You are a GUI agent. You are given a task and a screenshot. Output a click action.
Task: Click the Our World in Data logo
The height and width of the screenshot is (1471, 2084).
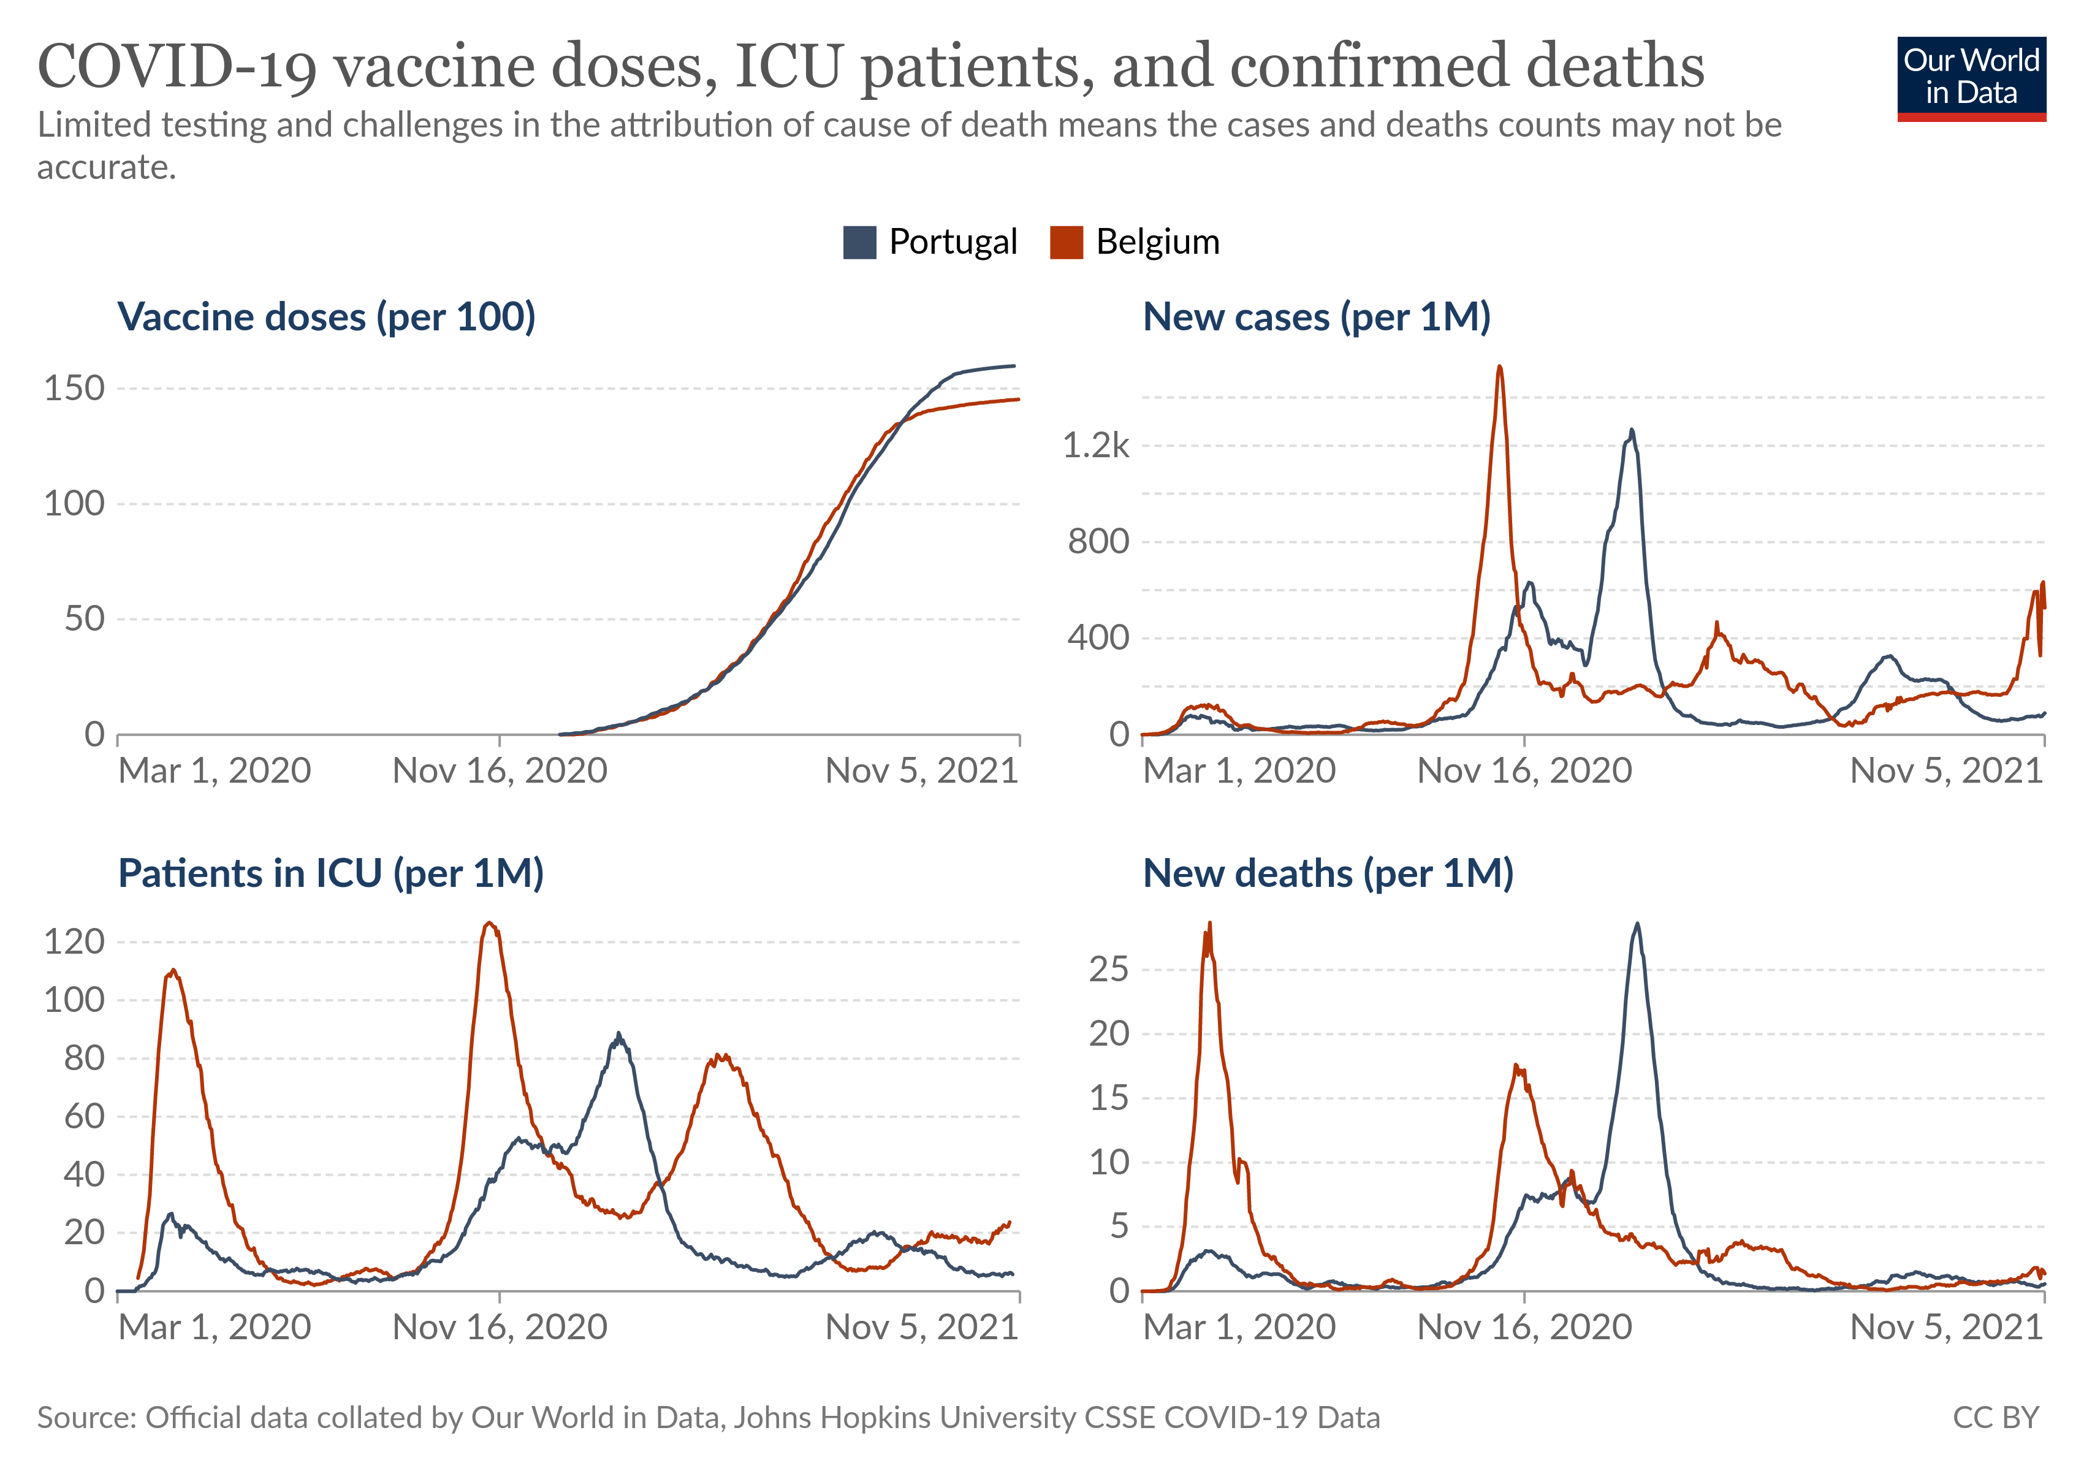[1971, 78]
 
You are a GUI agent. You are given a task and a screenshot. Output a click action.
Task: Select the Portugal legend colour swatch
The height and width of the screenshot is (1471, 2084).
[859, 242]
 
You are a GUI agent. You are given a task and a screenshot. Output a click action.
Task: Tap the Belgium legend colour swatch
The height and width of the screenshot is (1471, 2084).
[1066, 242]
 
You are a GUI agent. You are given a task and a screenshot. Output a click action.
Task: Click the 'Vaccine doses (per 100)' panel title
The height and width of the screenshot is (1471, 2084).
[327, 317]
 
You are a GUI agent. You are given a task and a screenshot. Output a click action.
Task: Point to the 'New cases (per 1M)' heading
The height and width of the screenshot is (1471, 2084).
[1316, 317]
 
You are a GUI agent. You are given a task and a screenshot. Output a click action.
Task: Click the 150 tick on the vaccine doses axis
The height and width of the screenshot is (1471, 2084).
[74, 389]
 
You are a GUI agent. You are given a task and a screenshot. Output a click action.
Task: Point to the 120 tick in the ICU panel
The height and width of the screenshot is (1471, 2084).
[74, 942]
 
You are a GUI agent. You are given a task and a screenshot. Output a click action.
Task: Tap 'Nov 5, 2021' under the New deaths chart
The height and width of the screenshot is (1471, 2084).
[1946, 1328]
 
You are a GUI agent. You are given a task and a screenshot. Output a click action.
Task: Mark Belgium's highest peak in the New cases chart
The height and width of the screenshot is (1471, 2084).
[1499, 368]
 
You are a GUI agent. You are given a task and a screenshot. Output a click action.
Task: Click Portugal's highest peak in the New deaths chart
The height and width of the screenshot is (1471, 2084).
[1637, 925]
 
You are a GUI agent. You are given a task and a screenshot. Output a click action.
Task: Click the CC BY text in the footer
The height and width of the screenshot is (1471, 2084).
[1995, 1418]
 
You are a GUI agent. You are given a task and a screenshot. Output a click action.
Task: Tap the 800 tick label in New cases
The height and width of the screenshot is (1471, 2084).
[1098, 542]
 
